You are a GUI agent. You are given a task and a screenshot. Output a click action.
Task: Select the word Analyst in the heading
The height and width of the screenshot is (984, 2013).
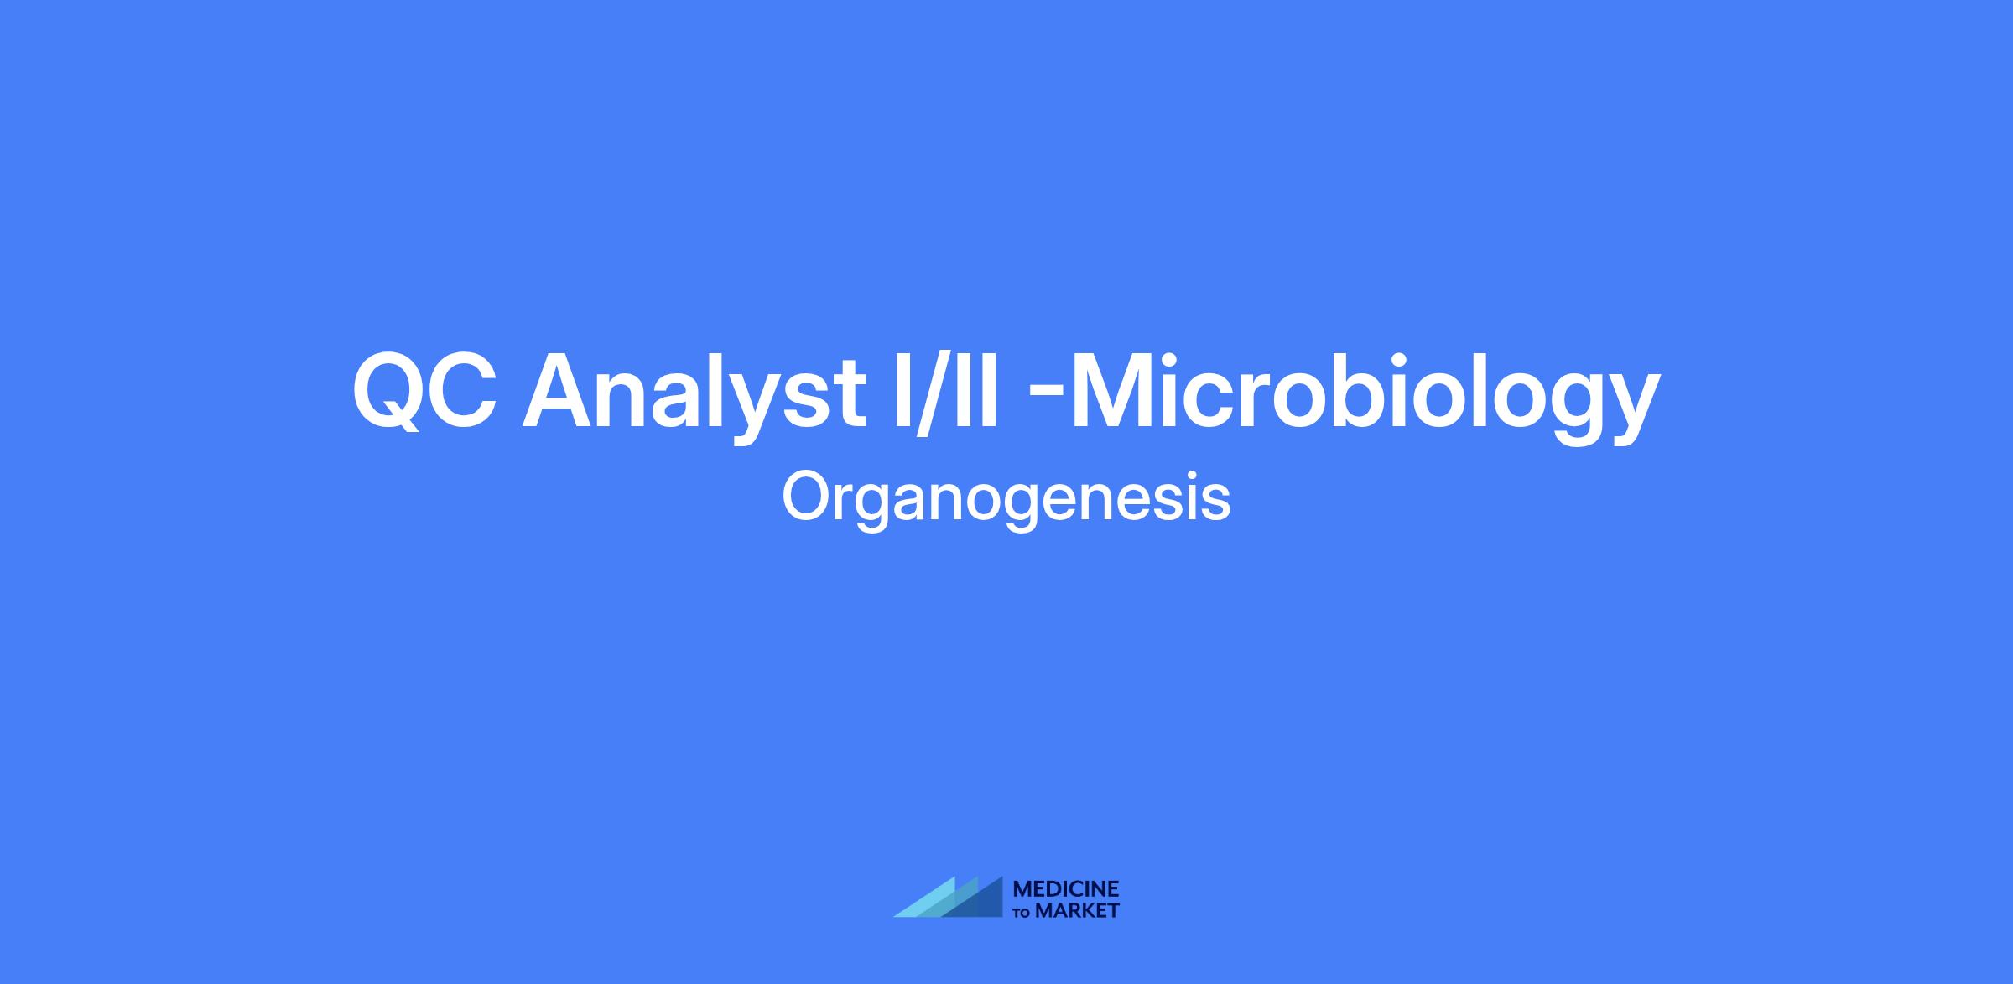pyautogui.click(x=694, y=391)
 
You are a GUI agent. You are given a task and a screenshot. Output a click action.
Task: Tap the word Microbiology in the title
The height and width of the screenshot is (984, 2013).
pyautogui.click(x=1365, y=391)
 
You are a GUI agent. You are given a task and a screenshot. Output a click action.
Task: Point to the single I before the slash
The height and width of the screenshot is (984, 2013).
pyautogui.click(x=902, y=391)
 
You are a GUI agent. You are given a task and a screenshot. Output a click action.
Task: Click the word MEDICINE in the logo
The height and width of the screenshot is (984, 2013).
pyautogui.click(x=1066, y=888)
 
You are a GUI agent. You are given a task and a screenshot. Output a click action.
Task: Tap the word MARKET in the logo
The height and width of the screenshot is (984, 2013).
pyautogui.click(x=1078, y=910)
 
